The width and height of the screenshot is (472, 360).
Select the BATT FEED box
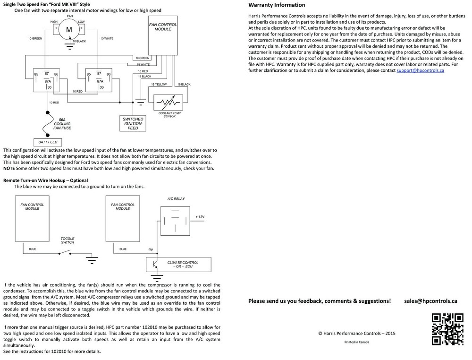coord(46,142)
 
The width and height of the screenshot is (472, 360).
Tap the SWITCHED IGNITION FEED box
coord(133,124)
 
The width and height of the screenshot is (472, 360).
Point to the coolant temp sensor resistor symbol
coord(169,103)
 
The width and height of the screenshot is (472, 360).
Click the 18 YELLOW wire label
coord(159,84)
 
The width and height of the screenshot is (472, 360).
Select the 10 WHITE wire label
coord(106,38)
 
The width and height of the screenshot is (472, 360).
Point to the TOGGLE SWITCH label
coord(67,240)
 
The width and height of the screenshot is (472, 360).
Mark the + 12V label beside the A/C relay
coord(200,217)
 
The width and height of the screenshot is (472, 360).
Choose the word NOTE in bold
coord(9,168)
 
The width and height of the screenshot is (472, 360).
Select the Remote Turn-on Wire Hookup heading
coord(45,180)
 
